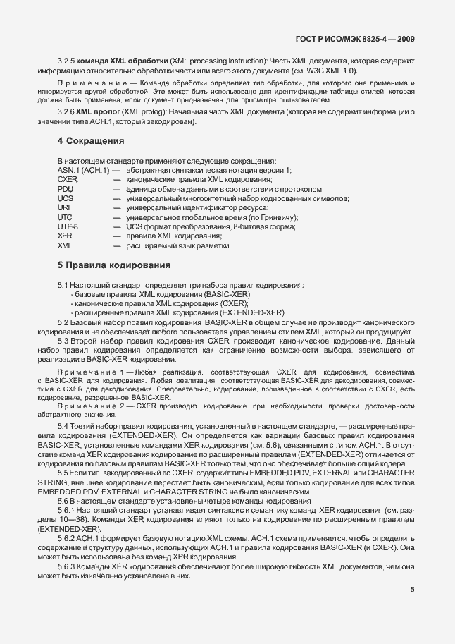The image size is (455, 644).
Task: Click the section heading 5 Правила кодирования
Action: pyautogui.click(x=114, y=266)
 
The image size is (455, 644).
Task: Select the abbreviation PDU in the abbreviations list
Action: pyautogui.click(x=65, y=189)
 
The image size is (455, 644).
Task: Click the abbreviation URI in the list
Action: pyautogui.click(x=63, y=208)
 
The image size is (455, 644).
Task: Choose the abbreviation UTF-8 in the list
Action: pyautogui.click(x=68, y=227)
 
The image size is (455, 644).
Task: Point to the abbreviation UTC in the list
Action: pyautogui.click(x=64, y=218)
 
